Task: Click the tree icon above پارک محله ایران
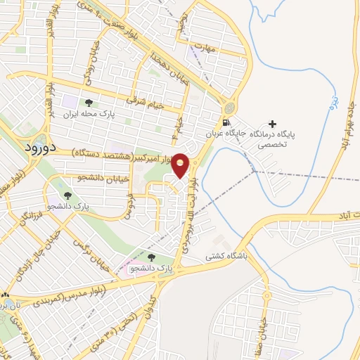pos(88,103)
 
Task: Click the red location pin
pos(181,166)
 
